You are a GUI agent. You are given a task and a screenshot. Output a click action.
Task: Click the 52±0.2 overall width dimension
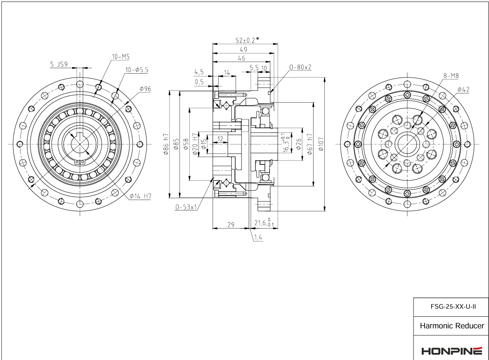247,40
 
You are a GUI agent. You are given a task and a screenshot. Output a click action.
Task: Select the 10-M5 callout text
121,57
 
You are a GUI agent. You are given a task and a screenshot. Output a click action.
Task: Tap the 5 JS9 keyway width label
59,64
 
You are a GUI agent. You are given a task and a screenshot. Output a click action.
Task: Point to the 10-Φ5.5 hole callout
137,70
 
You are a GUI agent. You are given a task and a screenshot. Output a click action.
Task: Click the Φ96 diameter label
145,89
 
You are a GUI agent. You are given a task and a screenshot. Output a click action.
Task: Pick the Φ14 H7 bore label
140,196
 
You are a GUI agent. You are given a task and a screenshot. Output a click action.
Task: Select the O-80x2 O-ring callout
300,67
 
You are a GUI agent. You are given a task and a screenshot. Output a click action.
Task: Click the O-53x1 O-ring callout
186,207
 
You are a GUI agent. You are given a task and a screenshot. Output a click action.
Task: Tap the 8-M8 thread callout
451,76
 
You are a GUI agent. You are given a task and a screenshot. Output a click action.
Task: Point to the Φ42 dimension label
463,90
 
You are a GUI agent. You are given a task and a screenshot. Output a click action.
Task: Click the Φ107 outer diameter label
321,144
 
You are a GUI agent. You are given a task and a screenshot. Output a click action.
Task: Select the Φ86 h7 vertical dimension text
166,144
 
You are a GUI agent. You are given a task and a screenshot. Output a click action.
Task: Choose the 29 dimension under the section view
231,225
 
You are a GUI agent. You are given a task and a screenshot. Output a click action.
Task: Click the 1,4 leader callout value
258,237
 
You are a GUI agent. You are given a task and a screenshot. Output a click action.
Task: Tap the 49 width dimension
243,50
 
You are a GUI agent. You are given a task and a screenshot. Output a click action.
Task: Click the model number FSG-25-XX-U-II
453,306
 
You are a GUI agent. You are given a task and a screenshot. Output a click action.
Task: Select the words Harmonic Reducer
452,326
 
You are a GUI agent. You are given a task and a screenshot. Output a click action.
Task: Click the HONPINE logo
452,351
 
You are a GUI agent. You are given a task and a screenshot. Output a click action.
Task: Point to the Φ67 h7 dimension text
310,144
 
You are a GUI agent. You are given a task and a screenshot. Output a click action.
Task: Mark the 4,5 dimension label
199,72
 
